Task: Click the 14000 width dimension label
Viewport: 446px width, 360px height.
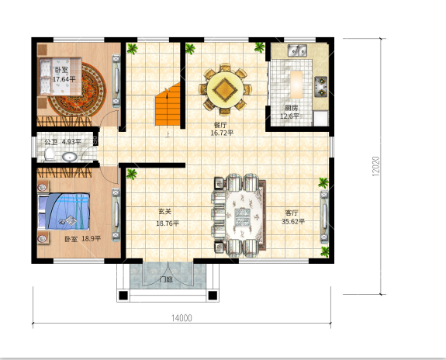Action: point(182,318)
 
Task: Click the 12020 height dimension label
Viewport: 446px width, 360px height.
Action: point(375,166)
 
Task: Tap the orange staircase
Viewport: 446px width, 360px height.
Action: point(168,106)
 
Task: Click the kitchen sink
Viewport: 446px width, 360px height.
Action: point(297,50)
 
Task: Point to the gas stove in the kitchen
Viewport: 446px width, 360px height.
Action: point(321,87)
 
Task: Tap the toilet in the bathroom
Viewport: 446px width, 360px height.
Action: point(50,154)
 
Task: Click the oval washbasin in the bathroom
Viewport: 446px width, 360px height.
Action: point(70,157)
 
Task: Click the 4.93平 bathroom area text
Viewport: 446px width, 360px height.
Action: point(71,142)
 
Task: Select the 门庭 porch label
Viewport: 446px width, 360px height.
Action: point(166,279)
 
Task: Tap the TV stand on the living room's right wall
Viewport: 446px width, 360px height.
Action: point(324,216)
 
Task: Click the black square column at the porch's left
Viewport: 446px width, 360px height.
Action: point(123,296)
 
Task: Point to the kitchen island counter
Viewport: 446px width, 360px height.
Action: point(296,85)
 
